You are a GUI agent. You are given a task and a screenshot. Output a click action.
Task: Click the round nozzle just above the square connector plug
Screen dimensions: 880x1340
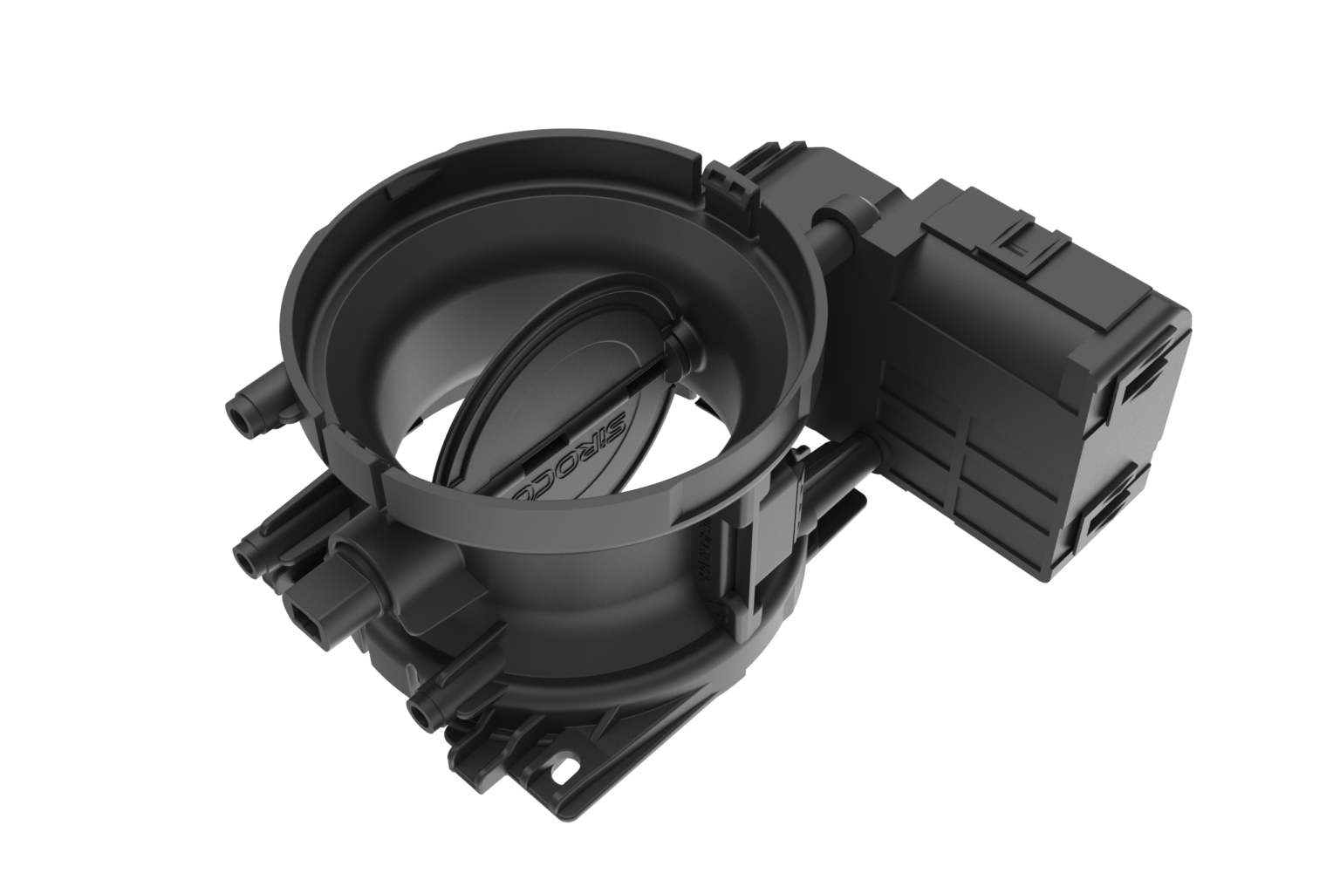point(249,558)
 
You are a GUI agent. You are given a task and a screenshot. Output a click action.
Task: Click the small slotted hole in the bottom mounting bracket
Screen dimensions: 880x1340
point(571,769)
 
